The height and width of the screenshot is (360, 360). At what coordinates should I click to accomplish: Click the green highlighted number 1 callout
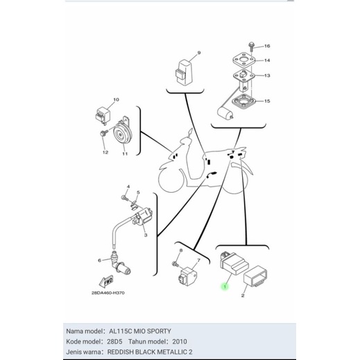[225, 287]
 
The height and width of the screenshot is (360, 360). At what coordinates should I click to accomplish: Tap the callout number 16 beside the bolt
[267, 46]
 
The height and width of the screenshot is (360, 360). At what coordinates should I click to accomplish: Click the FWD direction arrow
[106, 282]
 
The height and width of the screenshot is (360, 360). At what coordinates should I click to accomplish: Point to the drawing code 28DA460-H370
[108, 293]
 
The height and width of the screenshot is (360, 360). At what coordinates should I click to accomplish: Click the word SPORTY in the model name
[159, 331]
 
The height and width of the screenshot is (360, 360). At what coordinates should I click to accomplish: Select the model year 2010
[180, 341]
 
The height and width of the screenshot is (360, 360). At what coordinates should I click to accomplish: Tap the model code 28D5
[114, 341]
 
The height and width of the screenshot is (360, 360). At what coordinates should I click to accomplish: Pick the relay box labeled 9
[184, 72]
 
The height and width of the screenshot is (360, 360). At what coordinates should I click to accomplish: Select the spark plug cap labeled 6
[121, 266]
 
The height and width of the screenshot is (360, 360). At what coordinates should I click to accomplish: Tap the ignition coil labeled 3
[142, 217]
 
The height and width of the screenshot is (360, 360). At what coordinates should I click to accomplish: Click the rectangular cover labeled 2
[255, 276]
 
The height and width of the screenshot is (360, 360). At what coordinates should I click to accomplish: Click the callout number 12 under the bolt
[105, 153]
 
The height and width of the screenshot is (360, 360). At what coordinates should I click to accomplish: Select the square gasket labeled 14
[244, 60]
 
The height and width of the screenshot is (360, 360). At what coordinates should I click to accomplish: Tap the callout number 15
[267, 101]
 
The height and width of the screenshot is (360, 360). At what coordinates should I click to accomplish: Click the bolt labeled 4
[124, 198]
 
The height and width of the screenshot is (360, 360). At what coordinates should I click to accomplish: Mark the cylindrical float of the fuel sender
[225, 114]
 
